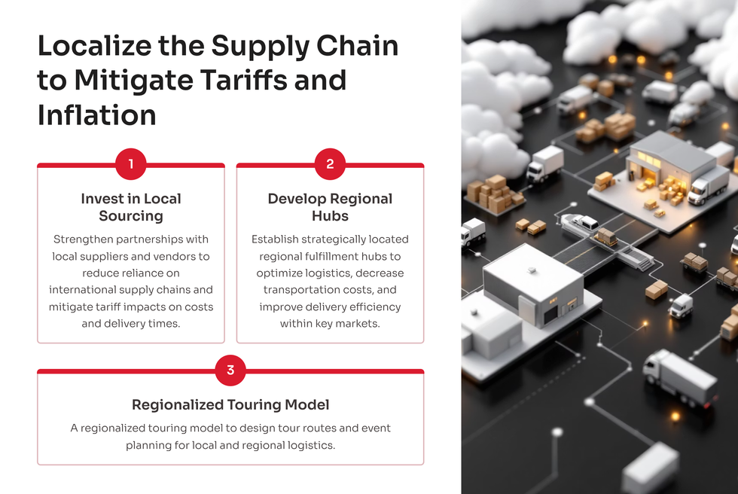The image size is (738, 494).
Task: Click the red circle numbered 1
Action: [131, 163]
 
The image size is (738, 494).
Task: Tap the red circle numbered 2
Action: [330, 163]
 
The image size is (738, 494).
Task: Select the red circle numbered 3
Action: [230, 370]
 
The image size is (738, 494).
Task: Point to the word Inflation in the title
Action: [96, 114]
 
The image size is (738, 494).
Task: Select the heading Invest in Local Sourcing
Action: [131, 207]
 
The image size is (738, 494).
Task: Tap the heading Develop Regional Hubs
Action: [330, 207]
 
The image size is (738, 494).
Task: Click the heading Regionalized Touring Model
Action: [230, 404]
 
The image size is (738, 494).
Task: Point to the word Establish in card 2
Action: [275, 239]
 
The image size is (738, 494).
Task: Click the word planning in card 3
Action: [148, 446]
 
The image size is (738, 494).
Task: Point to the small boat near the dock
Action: [579, 222]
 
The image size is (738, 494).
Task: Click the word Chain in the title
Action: [357, 46]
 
